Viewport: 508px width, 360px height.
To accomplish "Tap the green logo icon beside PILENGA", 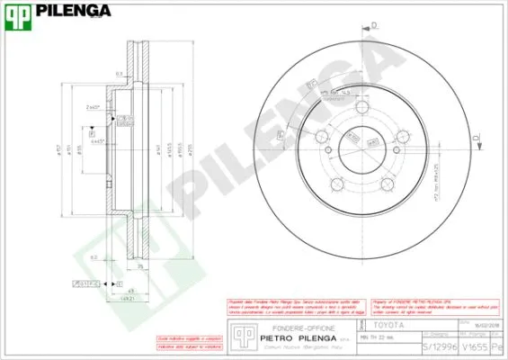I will pyautogui.click(x=20, y=12).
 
